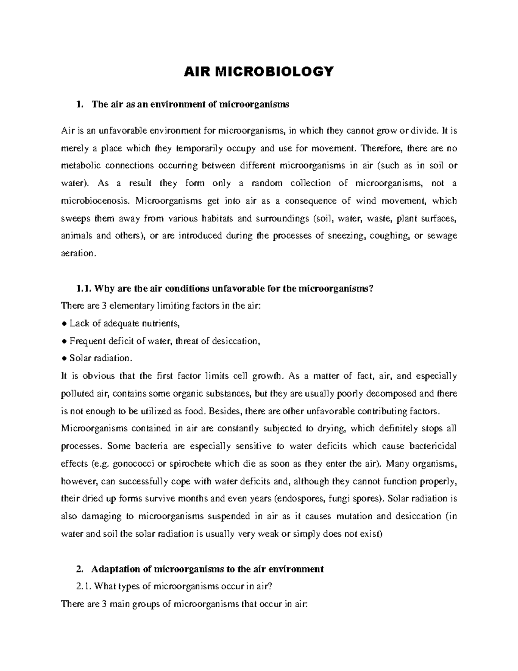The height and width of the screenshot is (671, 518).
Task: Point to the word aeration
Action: coord(77,254)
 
